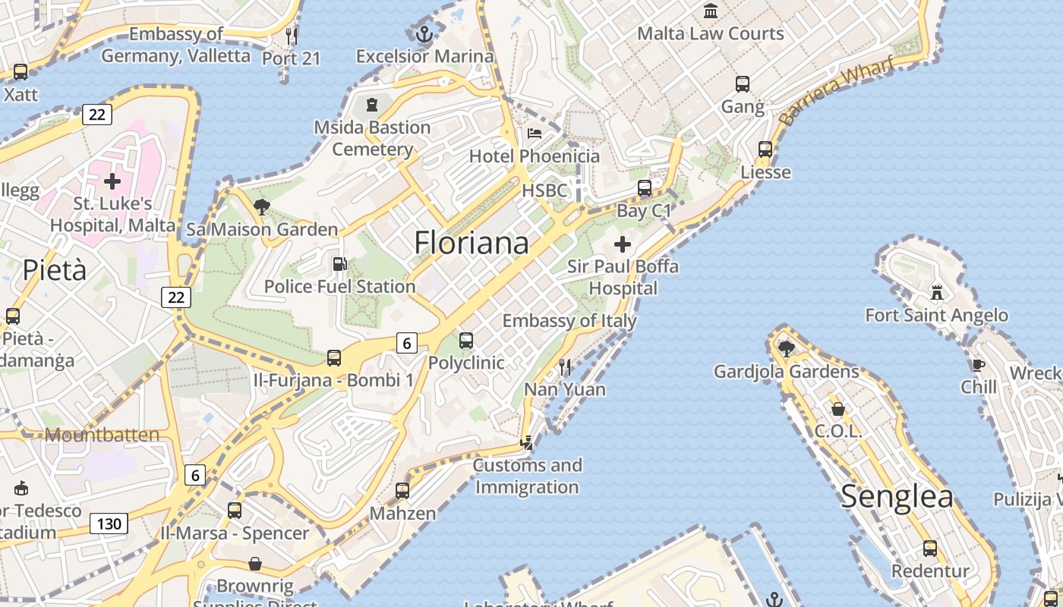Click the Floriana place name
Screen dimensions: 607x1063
click(472, 243)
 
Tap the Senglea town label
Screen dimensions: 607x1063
click(897, 497)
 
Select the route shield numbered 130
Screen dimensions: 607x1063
click(109, 524)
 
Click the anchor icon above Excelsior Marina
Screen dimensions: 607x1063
click(424, 34)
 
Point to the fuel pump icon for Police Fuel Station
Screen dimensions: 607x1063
click(340, 264)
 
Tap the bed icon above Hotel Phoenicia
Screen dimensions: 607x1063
click(535, 134)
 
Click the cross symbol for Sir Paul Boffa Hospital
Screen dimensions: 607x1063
click(623, 244)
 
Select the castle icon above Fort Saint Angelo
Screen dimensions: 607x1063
click(937, 292)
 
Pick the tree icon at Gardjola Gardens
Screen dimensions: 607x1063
click(787, 349)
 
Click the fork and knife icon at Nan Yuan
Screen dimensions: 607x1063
click(565, 367)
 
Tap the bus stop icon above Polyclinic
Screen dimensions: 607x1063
click(466, 341)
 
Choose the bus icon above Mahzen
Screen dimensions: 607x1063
click(402, 491)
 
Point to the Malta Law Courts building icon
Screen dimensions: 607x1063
click(711, 11)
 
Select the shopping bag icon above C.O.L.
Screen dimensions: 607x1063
click(838, 409)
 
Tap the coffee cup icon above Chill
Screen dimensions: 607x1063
click(979, 365)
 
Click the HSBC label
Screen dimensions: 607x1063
click(544, 190)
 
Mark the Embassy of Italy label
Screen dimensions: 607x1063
click(569, 321)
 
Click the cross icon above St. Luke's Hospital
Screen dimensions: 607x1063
click(112, 181)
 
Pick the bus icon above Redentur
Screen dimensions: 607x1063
click(930, 548)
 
